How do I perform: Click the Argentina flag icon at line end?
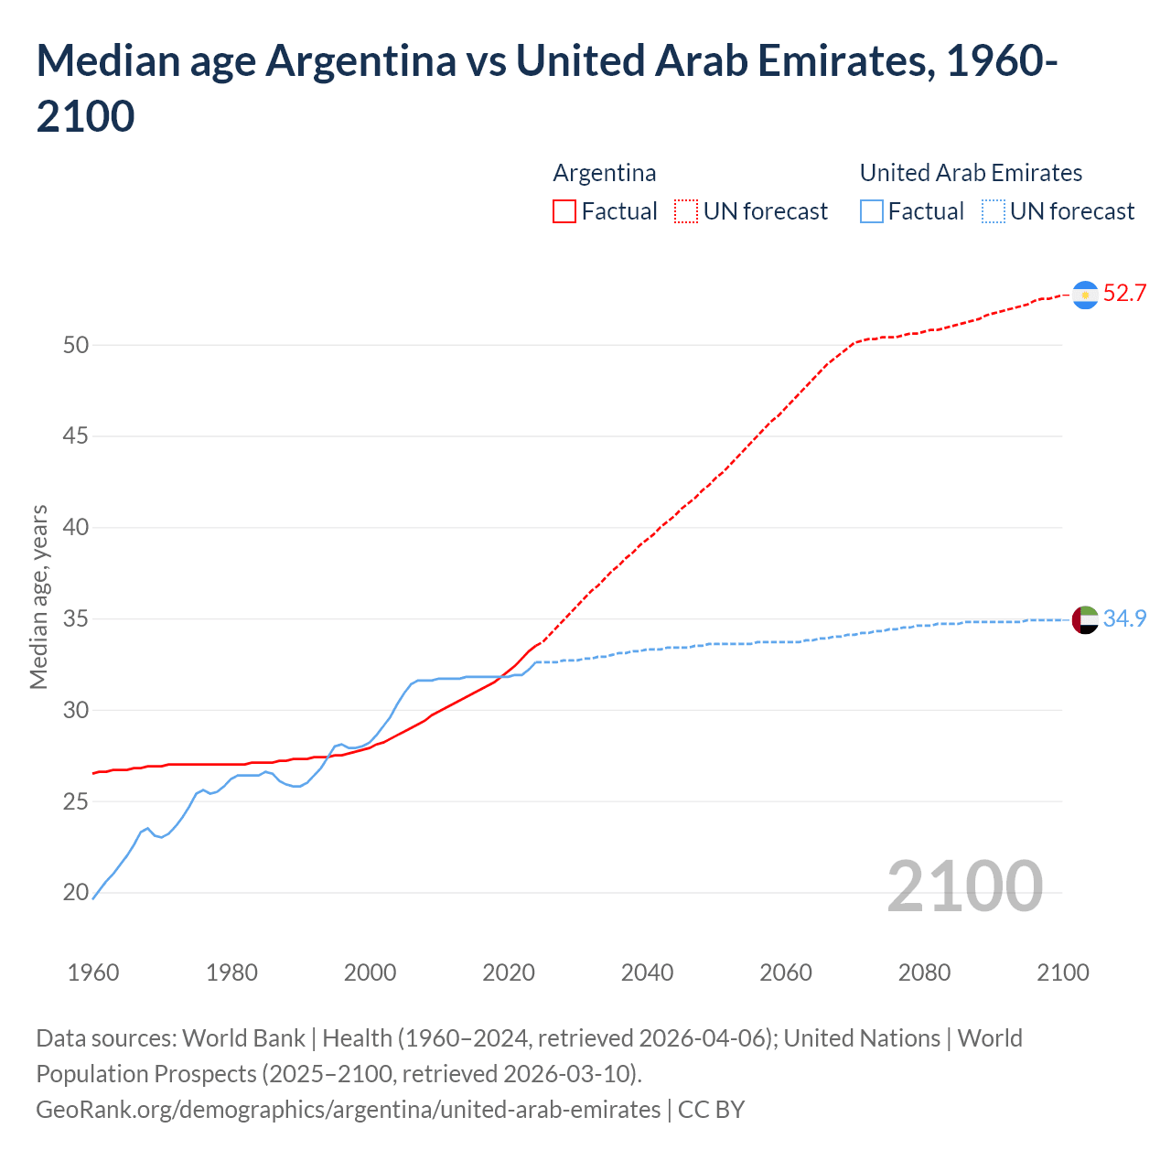(1085, 295)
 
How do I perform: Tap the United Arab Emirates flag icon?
(1085, 619)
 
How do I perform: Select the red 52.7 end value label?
(1124, 294)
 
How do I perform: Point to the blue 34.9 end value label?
(1124, 619)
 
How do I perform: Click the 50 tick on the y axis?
(76, 345)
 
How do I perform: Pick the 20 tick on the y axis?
(76, 893)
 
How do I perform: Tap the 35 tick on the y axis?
(76, 619)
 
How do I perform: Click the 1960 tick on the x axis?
(93, 972)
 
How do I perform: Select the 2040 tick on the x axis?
(647, 972)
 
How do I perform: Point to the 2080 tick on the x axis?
(924, 972)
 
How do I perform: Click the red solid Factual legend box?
(564, 212)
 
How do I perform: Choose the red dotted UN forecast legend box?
(686, 212)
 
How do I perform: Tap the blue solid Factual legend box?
(872, 212)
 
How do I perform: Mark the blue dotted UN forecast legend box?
(994, 212)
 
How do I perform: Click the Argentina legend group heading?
(605, 173)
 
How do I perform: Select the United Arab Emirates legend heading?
(971, 173)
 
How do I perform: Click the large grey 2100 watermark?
(964, 886)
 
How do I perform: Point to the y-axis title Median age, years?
(38, 596)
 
